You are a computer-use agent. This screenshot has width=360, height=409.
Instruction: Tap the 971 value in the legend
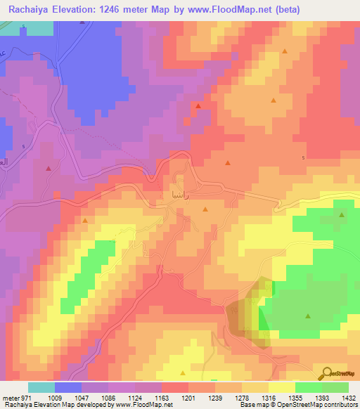pos(20,397)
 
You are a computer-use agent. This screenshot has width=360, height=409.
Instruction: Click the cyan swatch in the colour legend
pos(41,387)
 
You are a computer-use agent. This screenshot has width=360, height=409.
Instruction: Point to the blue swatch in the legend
pos(68,387)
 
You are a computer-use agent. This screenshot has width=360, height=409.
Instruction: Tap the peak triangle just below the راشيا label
pos(205,209)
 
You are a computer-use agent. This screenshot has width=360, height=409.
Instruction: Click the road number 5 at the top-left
pos(23,27)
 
